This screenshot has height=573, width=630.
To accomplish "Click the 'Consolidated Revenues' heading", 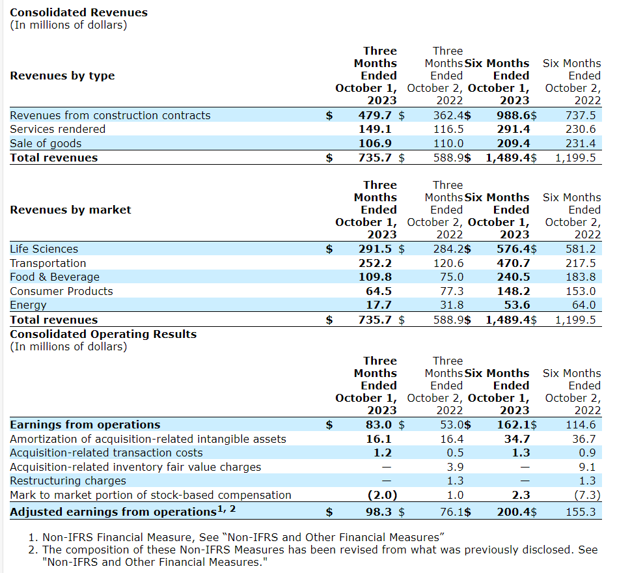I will point(79,12).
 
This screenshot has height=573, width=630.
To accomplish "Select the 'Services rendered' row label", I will point(57,129).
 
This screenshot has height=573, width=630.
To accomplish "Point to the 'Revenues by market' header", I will point(70,210).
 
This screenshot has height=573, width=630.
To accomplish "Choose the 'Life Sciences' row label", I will point(44,249).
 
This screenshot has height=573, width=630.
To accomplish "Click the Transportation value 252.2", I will point(376,263).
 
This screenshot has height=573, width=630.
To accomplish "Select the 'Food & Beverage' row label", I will point(55,277).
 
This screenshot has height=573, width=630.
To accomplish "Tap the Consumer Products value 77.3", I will point(448,291).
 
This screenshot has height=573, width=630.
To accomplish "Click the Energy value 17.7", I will point(379,305).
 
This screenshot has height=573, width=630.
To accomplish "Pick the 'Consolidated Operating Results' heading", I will point(103,334).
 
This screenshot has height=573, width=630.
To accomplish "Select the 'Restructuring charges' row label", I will point(68,481).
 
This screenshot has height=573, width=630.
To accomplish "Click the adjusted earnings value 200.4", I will point(514,512).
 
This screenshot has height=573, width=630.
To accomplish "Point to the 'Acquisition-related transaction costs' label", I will point(106,453).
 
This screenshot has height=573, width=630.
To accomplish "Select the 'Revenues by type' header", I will point(62,76).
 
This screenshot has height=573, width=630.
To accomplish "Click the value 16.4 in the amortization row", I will point(452,439).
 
